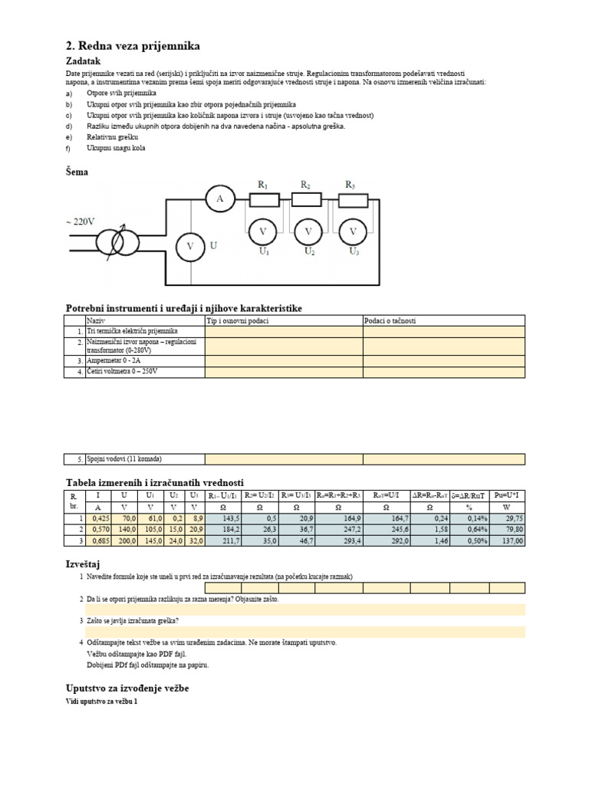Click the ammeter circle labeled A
220,199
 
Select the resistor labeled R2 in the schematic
307,199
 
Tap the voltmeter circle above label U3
353,230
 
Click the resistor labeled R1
262,199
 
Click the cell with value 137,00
508,540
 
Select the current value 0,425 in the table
97,519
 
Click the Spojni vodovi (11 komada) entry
124,459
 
